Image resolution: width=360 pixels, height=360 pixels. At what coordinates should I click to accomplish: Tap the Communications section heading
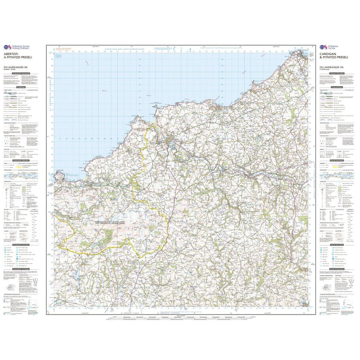[x=337, y=87]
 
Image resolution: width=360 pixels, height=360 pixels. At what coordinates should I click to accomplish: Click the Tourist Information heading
[x=337, y=245]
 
